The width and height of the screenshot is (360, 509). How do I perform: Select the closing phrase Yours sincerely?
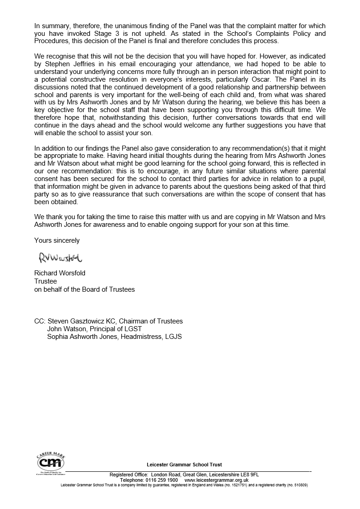57,240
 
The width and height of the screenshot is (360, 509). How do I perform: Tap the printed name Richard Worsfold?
60,273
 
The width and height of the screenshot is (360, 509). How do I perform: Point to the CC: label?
40,321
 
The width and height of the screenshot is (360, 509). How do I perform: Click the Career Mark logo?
50,462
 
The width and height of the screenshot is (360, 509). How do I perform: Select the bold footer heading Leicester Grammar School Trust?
184,465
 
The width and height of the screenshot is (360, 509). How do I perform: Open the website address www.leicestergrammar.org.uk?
217,480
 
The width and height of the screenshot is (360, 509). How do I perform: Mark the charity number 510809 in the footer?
300,485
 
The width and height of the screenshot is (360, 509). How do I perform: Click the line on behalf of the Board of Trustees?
84,289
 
